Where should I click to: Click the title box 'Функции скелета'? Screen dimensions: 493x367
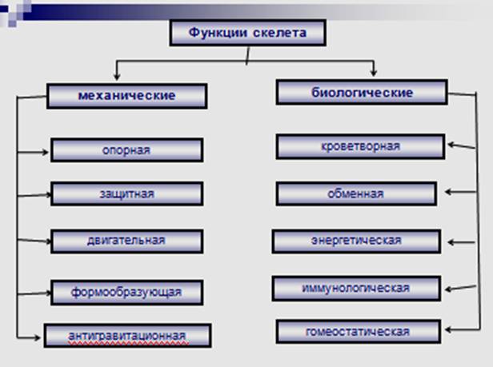[x=248, y=33]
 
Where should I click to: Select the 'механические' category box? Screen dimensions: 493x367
[x=127, y=96]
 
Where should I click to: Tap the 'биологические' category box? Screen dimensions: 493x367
[x=362, y=92]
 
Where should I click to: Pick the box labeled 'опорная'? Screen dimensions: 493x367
[x=127, y=150]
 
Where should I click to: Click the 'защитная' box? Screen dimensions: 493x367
[x=127, y=193]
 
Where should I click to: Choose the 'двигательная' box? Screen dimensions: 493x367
[x=127, y=241]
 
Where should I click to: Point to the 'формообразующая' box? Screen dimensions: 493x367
[x=127, y=293]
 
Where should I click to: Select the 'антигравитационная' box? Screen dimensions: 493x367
[x=128, y=336]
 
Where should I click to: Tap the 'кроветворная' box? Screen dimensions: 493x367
[x=361, y=146]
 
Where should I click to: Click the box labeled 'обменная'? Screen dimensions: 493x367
[x=356, y=193]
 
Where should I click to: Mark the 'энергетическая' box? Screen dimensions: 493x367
[x=356, y=241]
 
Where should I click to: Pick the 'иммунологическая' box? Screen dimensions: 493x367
[x=356, y=289]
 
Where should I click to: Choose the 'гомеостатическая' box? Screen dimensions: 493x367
[x=358, y=332]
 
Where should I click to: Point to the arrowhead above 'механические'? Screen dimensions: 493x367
[x=117, y=77]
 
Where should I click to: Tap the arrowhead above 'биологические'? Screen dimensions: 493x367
[x=374, y=73]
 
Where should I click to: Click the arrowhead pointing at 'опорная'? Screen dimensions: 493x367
[x=46, y=152]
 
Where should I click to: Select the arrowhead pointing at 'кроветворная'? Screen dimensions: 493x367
[x=451, y=145]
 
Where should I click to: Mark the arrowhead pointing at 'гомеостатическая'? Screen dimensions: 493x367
[x=449, y=330]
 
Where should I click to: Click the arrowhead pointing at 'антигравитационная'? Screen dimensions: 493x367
[x=38, y=337]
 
